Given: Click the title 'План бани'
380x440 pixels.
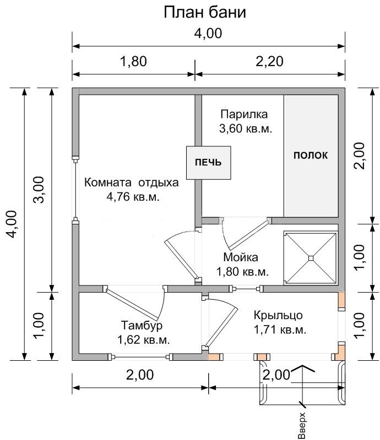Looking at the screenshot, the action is click(x=205, y=13).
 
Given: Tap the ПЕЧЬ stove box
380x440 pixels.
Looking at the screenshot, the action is click(x=209, y=163).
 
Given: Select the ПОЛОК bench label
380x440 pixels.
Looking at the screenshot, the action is click(x=310, y=155).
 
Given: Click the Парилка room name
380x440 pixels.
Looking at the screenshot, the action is click(x=244, y=114).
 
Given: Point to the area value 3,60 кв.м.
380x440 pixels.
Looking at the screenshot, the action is click(x=246, y=129).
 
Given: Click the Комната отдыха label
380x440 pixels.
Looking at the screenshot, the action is click(x=132, y=183).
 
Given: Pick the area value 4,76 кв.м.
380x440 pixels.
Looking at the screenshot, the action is click(x=133, y=197).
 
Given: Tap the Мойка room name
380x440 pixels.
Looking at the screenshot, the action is click(x=241, y=257).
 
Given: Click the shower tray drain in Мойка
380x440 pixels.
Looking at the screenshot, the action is click(x=310, y=257).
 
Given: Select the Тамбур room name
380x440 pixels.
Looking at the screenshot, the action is click(x=142, y=326).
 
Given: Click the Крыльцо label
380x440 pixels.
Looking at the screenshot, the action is click(x=278, y=315).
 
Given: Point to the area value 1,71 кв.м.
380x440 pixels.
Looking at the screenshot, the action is click(x=280, y=329).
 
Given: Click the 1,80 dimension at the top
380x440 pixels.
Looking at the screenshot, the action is click(x=133, y=62).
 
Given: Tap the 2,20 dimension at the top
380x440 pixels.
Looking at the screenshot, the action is click(x=269, y=62).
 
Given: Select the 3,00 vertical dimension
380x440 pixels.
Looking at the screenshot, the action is click(x=39, y=190).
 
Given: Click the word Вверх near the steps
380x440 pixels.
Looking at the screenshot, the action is click(x=301, y=425).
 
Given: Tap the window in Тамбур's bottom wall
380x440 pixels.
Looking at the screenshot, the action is click(x=140, y=357).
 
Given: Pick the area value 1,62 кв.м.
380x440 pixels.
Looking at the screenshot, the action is click(x=143, y=340).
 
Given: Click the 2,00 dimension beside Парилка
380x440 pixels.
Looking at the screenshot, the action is click(x=360, y=156).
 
